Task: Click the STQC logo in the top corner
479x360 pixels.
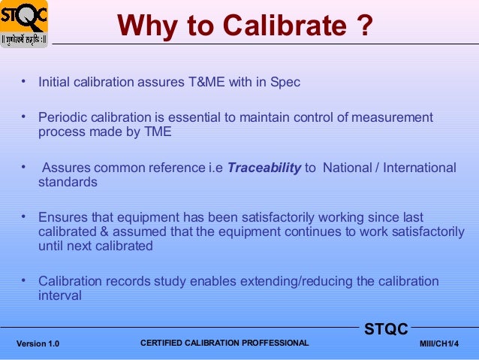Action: point(24,23)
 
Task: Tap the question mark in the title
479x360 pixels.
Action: point(361,27)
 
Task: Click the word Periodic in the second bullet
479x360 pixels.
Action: point(62,118)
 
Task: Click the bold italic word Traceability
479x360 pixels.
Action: point(264,168)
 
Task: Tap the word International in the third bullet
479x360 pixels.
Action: point(419,168)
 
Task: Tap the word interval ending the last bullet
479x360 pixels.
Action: point(59,296)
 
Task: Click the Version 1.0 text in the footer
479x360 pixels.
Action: point(38,344)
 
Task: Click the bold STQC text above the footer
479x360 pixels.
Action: point(386,329)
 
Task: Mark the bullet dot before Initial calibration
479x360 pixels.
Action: point(24,80)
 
